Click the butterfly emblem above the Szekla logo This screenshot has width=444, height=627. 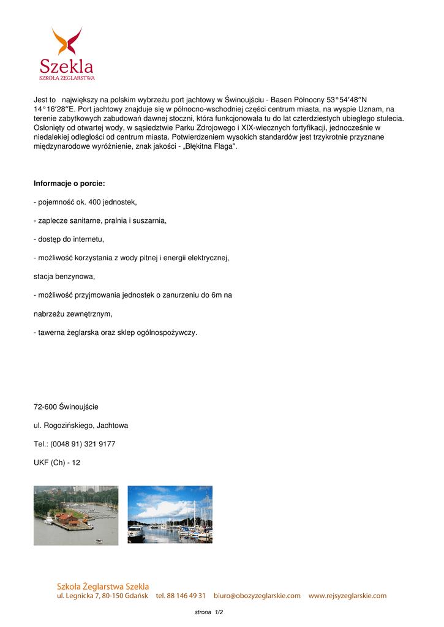67,41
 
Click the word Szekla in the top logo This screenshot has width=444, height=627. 67,66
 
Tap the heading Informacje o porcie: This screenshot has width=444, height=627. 69,183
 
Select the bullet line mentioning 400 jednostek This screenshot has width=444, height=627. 85,201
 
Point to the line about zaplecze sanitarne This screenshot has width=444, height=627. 100,220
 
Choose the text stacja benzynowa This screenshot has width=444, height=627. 64,276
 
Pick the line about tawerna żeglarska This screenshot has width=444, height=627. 115,332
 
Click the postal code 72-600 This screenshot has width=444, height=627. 45,407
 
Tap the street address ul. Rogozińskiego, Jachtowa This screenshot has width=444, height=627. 81,425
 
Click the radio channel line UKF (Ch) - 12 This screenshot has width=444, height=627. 57,462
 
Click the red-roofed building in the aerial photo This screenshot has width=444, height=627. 68,519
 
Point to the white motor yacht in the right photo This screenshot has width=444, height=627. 136,532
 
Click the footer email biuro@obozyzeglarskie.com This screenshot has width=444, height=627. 257,595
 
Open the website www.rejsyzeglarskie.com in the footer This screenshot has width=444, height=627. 347,595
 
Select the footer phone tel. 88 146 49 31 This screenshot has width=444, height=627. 181,595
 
